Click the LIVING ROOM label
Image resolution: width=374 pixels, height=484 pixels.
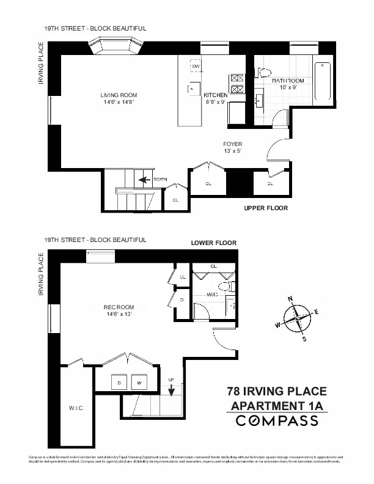point(119,95)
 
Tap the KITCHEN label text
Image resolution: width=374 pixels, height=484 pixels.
point(216,96)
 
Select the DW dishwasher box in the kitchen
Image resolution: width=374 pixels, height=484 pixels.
point(196,67)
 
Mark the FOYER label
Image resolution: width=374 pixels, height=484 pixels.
point(232,144)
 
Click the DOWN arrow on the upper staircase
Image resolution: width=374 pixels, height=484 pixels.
point(145,180)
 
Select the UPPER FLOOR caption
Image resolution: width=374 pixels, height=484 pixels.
point(265,208)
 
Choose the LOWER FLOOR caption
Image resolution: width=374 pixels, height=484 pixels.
point(213,243)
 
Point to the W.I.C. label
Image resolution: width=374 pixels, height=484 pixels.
point(76,408)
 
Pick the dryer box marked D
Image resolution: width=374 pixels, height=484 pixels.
point(119,383)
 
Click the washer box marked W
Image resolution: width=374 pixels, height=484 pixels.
point(139,383)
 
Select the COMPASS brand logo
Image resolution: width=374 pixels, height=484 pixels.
point(277,420)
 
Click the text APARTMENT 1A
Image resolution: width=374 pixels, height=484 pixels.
point(276,406)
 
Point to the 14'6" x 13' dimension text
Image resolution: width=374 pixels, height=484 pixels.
point(119,314)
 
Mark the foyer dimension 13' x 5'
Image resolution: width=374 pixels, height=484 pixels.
point(232,152)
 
